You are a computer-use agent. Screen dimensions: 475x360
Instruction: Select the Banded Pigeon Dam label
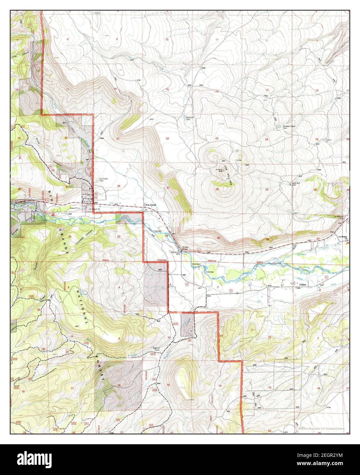coord(289,127)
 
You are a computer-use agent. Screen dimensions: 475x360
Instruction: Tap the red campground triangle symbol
coord(53,213)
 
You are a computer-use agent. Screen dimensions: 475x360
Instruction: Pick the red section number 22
coord(167,138)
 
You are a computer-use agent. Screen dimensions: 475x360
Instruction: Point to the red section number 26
coord(217,189)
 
